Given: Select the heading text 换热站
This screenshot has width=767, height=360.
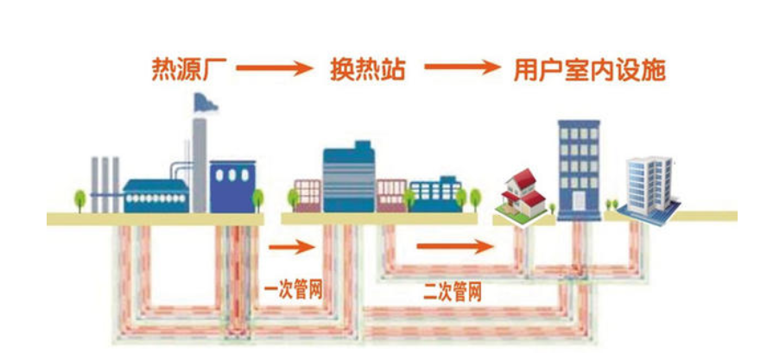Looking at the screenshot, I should coord(364,68).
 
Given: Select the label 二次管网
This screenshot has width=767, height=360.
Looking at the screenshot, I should coord(452,292).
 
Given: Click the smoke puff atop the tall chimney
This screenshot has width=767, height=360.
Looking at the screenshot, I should coord(206,102).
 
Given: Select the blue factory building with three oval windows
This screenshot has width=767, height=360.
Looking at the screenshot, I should coord(232,185).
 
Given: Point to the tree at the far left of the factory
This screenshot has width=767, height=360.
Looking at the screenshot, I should coord(80,199).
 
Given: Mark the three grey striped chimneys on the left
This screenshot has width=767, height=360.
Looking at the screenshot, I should coord(105,183).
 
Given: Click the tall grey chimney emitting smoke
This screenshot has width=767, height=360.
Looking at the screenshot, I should coord(200,163).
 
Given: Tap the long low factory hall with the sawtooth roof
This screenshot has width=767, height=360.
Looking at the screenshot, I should coord(155,195).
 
